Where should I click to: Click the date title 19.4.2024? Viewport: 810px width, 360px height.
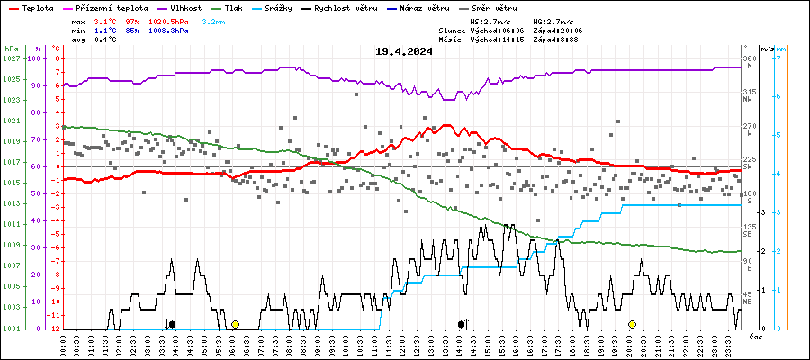[x=404, y=51]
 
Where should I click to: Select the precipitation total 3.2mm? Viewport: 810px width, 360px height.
[x=212, y=20]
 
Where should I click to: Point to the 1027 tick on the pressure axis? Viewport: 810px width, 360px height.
[x=11, y=58]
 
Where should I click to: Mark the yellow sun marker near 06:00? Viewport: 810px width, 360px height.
[x=235, y=324]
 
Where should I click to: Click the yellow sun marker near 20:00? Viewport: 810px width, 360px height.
[x=632, y=324]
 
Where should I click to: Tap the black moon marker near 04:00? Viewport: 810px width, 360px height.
[x=172, y=324]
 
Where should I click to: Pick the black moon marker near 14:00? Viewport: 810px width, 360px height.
[x=462, y=324]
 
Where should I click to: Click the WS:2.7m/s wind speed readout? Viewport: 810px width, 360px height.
[x=492, y=20]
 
